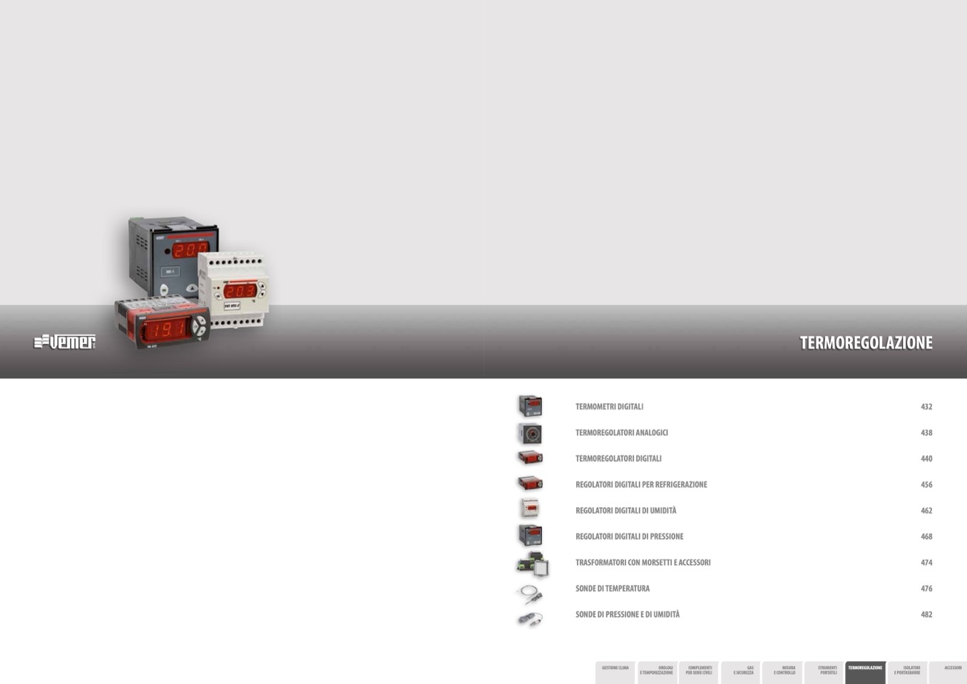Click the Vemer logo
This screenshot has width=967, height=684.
[x=65, y=342]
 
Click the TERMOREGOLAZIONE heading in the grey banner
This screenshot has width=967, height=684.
[x=866, y=343]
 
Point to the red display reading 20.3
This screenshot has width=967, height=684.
[x=240, y=290]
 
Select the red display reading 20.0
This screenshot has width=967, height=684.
[x=190, y=250]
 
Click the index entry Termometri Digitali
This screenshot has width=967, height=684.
[x=609, y=407]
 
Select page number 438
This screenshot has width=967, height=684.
[x=926, y=433]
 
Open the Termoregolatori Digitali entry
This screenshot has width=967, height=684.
[x=618, y=459]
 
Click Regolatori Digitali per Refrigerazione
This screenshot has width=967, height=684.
[x=641, y=484]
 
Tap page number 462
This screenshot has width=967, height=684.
[x=926, y=511]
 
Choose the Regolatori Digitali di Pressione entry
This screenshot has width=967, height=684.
[x=629, y=536]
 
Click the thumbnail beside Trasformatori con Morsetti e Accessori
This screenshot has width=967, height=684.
[x=531, y=564]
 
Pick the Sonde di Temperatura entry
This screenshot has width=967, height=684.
[x=612, y=588]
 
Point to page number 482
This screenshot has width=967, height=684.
[x=926, y=614]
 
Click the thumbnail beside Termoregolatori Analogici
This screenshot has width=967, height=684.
[x=530, y=433]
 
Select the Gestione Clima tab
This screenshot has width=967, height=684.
[x=615, y=671]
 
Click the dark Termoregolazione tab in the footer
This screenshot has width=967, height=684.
[x=865, y=671]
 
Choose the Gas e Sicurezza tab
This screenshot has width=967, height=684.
[x=741, y=671]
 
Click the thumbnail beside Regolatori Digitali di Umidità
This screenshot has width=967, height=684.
[x=529, y=509]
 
